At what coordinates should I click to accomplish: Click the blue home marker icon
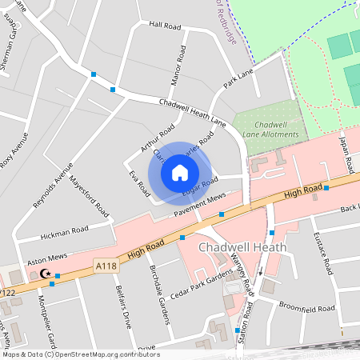(180, 172)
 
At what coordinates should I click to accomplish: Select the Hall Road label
(166, 25)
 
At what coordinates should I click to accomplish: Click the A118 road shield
(106, 265)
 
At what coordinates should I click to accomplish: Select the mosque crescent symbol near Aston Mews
(46, 275)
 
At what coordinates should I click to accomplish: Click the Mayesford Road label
(89, 197)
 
